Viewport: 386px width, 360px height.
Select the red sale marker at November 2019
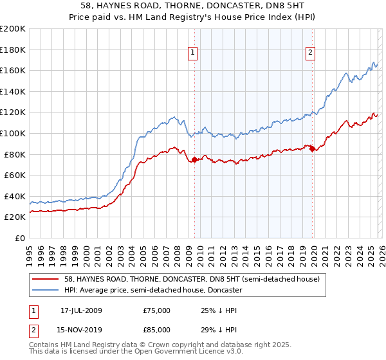312,148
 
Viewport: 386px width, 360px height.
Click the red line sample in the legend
46,278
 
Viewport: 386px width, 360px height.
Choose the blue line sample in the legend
46,290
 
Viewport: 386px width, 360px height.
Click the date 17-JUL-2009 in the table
82,310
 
